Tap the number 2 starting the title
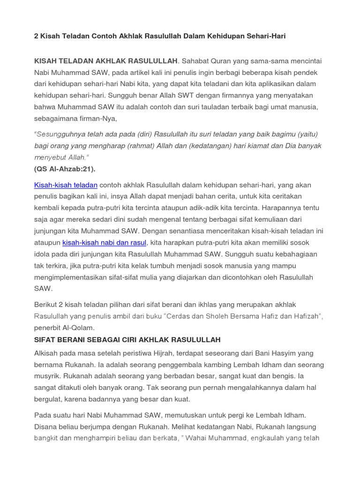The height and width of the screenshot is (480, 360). coord(36,36)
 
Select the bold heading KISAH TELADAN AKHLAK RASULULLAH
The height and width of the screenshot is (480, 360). coord(106,61)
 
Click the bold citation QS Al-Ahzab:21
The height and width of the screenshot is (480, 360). coord(67,169)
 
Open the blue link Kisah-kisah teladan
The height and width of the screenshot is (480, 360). coord(66,185)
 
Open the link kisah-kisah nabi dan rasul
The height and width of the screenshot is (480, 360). coord(105,242)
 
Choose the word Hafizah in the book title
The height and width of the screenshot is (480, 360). coord(307,316)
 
